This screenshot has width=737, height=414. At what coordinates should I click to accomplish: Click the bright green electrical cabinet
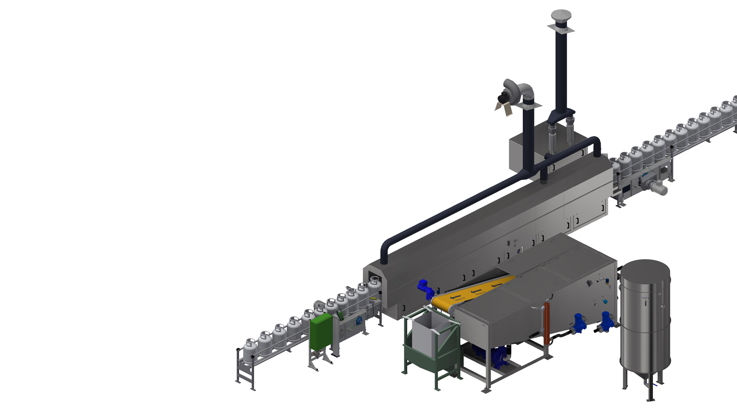tap(321, 332)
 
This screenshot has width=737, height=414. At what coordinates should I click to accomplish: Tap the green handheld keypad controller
tap(340, 315)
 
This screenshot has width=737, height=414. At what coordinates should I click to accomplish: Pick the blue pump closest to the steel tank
tap(606, 321)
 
